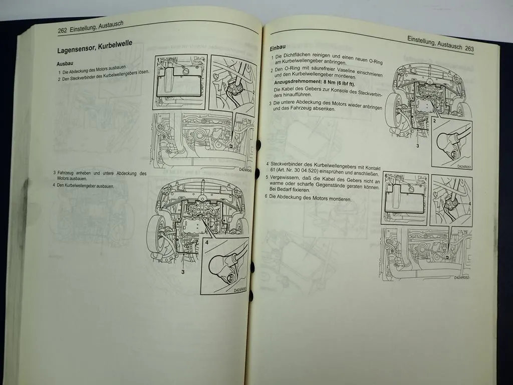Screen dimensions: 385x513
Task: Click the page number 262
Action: [x=63, y=30]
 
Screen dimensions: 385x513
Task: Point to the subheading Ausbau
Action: [x=66, y=64]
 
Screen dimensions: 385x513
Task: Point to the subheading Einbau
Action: [x=278, y=48]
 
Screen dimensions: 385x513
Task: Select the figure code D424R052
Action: [x=463, y=277]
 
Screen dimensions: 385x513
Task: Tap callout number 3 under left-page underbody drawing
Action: [x=182, y=271]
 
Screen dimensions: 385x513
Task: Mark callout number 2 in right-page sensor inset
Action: [x=434, y=121]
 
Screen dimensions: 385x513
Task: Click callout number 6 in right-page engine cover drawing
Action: [x=386, y=175]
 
